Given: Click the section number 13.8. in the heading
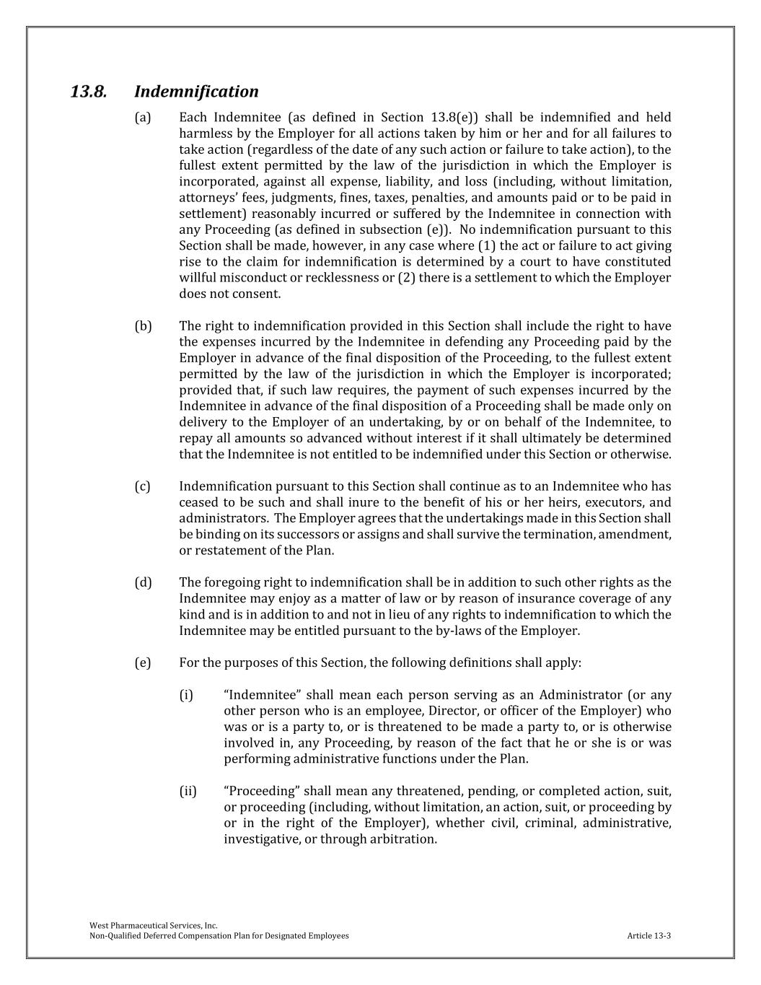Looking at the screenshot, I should [89, 92].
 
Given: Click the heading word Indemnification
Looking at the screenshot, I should [196, 92].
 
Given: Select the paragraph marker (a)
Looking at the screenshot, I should [143, 118].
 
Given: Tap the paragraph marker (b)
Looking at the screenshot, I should [143, 326].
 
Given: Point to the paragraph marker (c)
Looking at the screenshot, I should [143, 486].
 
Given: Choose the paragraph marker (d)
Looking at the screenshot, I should [143, 582].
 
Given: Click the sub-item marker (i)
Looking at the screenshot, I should [187, 695].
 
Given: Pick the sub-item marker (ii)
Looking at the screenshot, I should [188, 792].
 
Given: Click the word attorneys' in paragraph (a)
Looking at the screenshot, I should [206, 198].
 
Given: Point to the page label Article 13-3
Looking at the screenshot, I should [648, 936].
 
